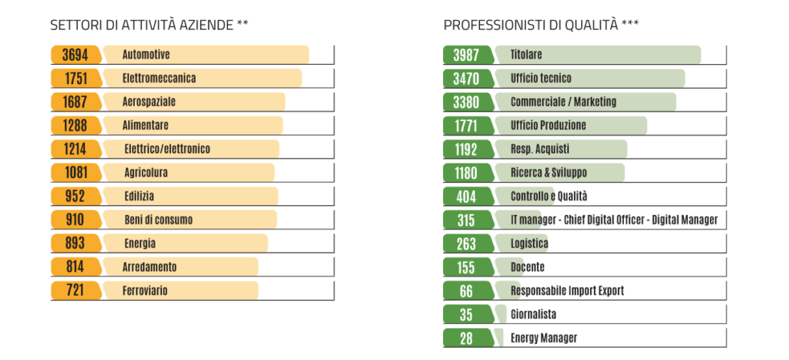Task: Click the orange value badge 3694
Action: (75, 55)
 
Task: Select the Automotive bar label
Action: (146, 55)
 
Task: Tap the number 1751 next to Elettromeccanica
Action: (75, 78)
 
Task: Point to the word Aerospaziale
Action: (149, 102)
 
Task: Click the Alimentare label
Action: (145, 125)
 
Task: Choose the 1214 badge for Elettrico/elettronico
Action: (75, 149)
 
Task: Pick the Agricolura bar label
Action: (146, 173)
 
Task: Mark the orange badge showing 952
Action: (75, 196)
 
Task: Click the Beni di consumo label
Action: (158, 220)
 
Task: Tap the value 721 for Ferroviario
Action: (75, 291)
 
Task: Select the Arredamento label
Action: (149, 267)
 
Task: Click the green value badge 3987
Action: (465, 55)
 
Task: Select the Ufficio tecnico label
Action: (540, 78)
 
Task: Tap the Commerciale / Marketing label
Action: (563, 102)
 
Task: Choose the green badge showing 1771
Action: (465, 125)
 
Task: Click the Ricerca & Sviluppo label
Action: (548, 173)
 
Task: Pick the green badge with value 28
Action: (465, 338)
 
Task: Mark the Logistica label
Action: (529, 244)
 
